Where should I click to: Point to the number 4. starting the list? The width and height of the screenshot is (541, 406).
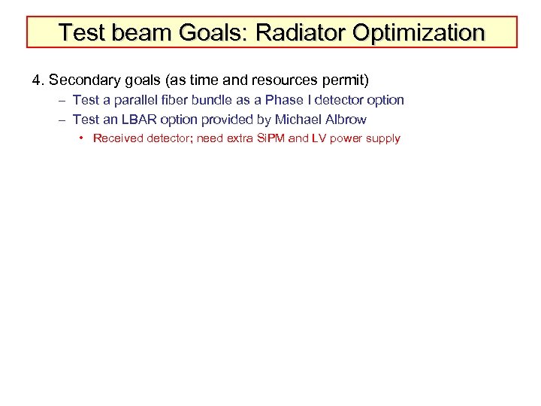click(38, 78)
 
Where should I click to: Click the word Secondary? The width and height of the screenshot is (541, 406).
click(83, 78)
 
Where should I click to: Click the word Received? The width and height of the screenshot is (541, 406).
click(116, 139)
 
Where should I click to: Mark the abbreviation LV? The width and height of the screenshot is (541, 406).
click(317, 139)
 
